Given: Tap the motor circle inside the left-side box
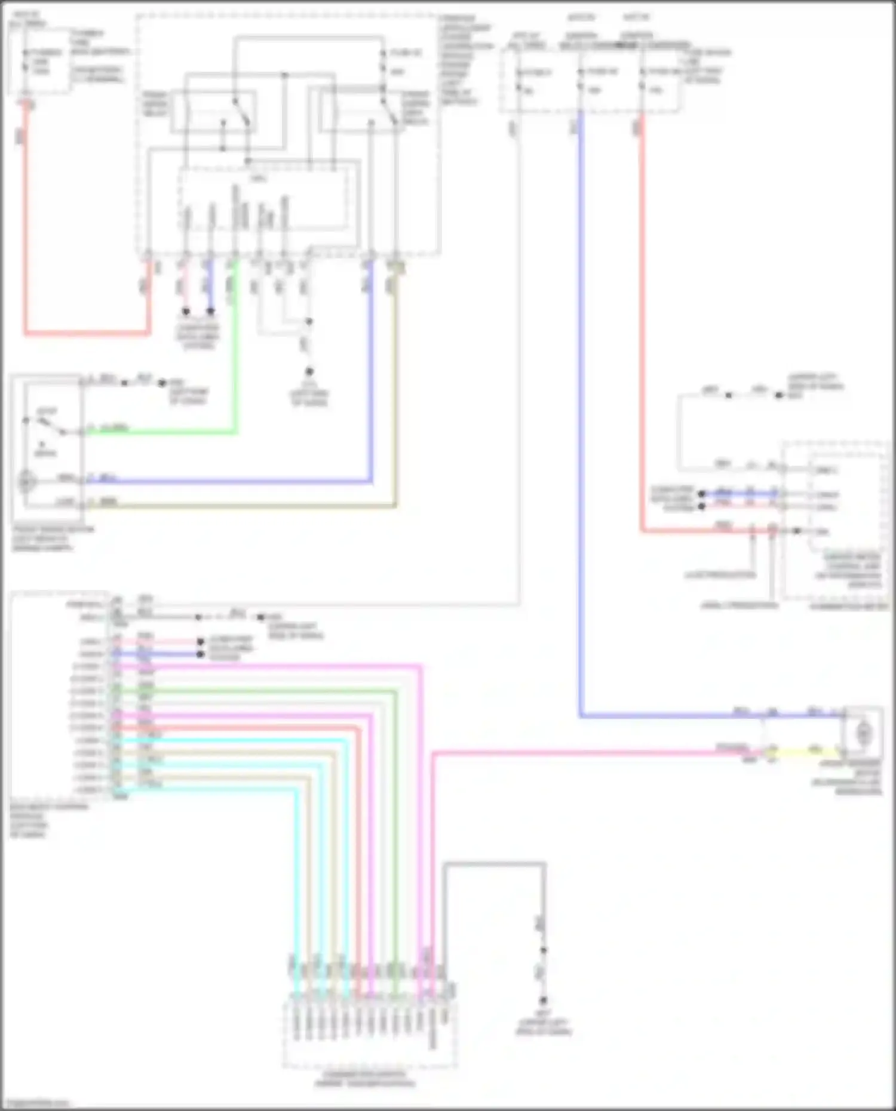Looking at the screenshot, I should (x=26, y=481).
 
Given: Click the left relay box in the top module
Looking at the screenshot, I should (x=213, y=112).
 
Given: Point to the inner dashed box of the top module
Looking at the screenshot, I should (x=263, y=199).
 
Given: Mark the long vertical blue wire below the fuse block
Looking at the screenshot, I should (x=581, y=418).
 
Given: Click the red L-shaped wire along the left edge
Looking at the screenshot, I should (x=26, y=239).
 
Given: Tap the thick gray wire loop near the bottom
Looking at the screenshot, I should (x=493, y=864).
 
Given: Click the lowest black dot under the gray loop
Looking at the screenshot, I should (x=544, y=1001).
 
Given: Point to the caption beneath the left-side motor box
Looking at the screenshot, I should (x=53, y=538).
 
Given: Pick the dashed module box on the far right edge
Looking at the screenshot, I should (x=835, y=519).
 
